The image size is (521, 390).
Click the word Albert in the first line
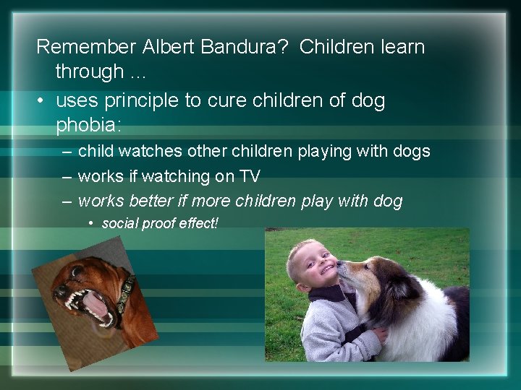pyautogui.click(x=168, y=48)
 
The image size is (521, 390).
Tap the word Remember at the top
pyautogui.click(x=86, y=48)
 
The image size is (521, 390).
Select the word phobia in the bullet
pyautogui.click(x=89, y=124)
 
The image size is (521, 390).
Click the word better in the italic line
pyautogui.click(x=148, y=201)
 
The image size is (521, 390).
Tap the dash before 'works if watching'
pyautogui.click(x=67, y=176)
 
